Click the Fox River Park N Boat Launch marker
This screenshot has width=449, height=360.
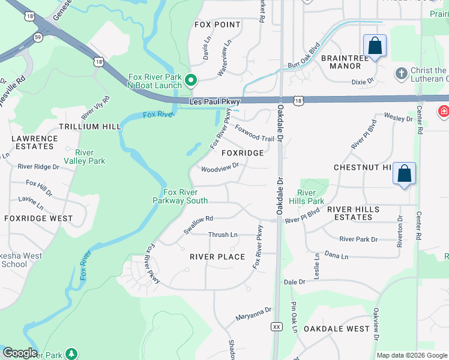(191, 80)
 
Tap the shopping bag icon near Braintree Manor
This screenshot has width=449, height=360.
(375, 46)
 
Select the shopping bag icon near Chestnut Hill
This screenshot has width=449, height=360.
(405, 173)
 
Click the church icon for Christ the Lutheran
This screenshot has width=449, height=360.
(401, 73)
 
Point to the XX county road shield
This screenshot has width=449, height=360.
(276, 326)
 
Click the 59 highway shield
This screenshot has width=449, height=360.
(37, 37)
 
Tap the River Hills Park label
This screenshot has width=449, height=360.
(310, 197)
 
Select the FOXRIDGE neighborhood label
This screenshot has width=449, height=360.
(243, 153)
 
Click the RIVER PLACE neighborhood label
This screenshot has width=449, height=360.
(217, 257)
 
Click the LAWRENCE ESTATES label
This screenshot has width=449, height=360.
(35, 142)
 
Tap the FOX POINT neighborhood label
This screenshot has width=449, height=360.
(218, 25)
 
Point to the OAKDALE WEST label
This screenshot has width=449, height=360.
(336, 329)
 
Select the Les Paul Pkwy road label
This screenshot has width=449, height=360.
(214, 102)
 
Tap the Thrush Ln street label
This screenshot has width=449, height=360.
(223, 235)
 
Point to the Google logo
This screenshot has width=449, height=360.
(20, 353)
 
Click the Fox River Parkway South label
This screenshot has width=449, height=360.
(185, 196)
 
